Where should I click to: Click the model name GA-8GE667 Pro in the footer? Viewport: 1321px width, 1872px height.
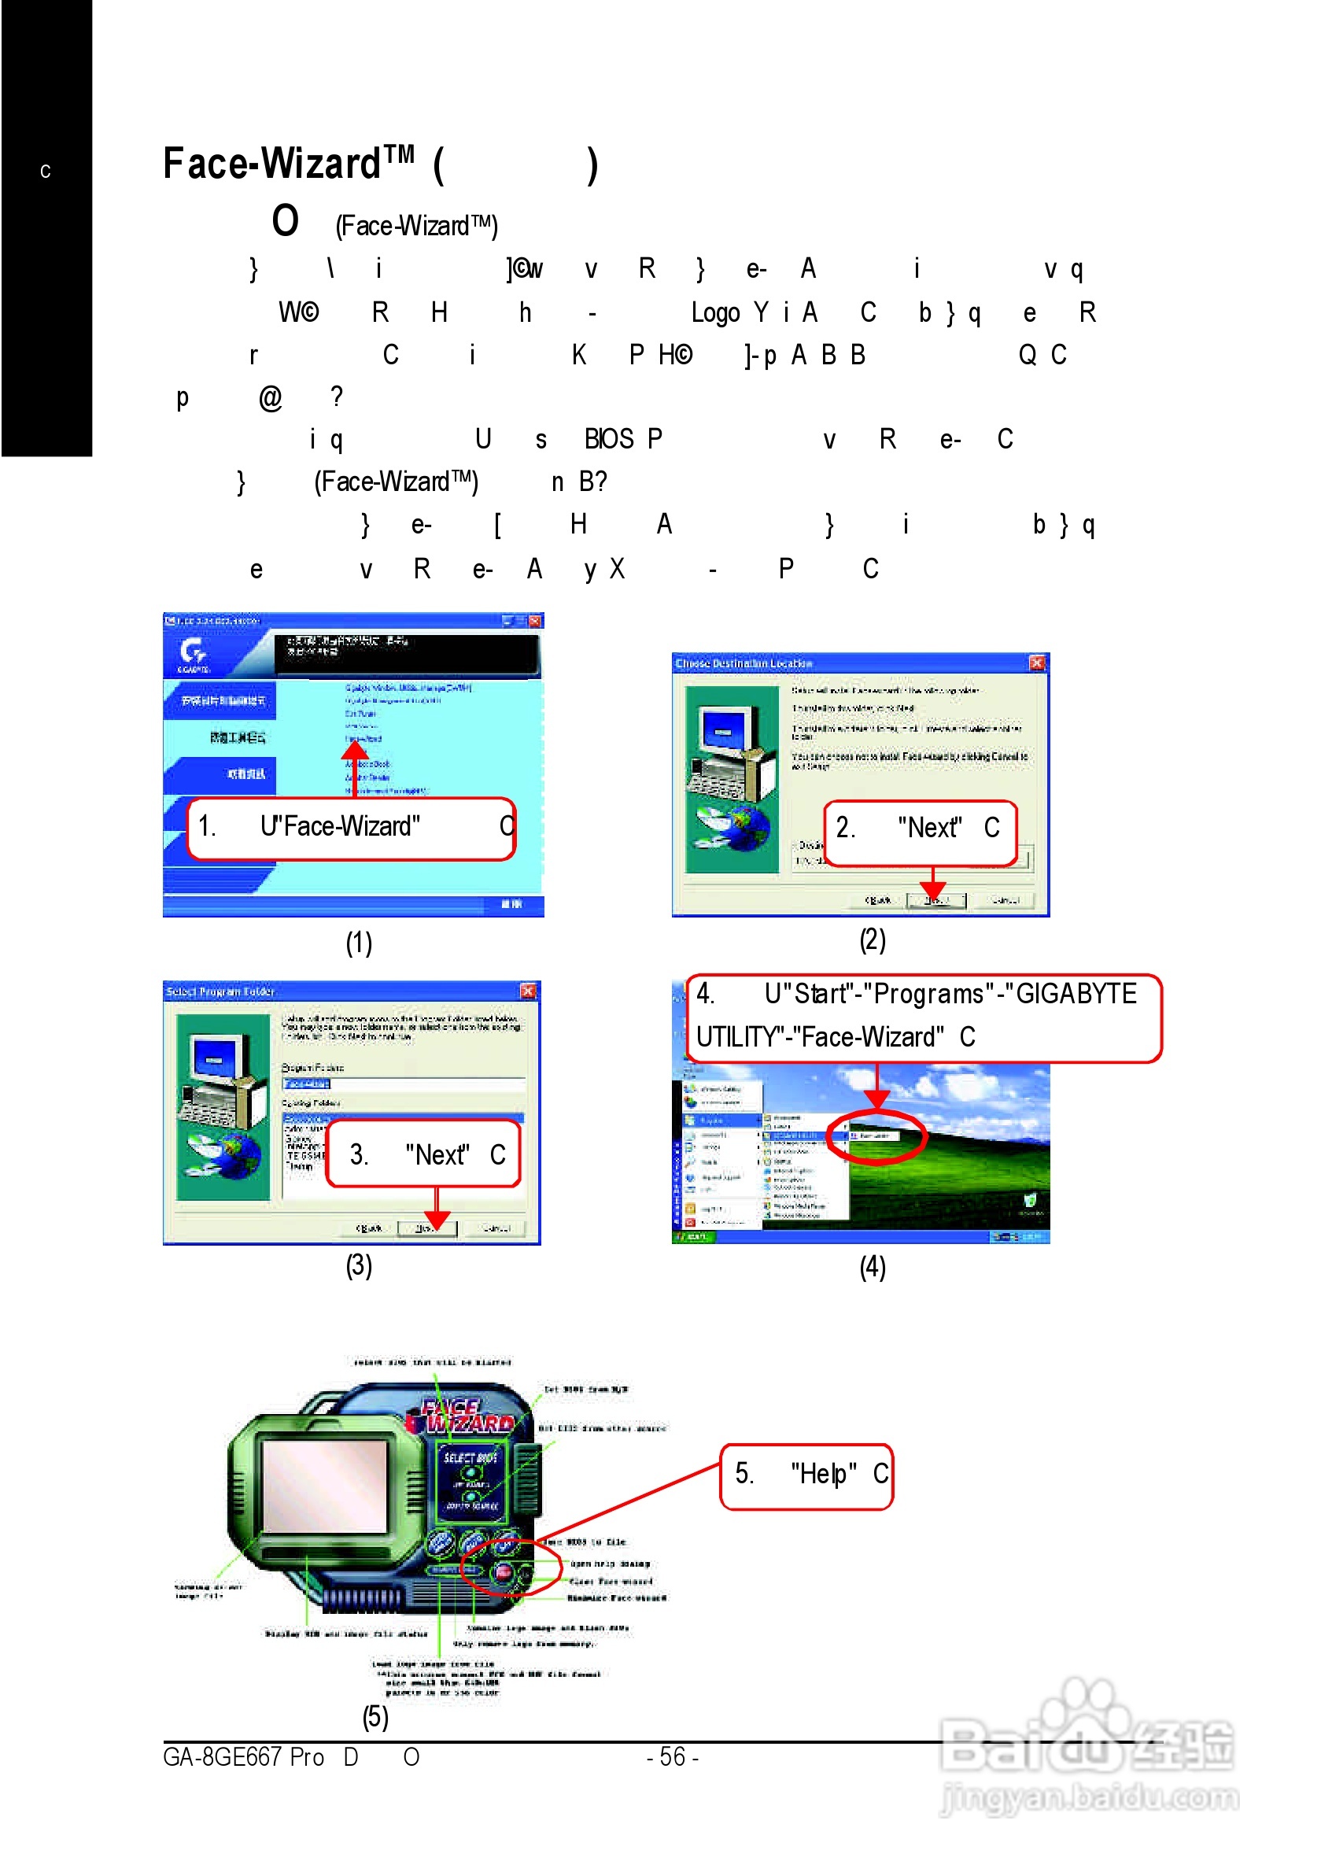coord(243,1757)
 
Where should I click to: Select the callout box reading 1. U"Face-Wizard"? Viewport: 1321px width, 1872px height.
coord(351,828)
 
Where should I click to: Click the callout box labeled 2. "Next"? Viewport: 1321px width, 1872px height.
coord(919,831)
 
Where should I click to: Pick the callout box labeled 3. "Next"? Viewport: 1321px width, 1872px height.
coord(422,1154)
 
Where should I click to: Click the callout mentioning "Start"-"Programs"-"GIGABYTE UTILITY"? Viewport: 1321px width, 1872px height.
coord(922,1017)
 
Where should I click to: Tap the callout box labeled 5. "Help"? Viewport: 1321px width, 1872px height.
coord(806,1475)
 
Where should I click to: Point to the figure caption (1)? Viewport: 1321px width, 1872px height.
coord(358,943)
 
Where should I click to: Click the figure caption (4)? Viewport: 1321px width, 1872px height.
coord(872,1266)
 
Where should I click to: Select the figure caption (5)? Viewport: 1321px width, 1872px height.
coord(375,1716)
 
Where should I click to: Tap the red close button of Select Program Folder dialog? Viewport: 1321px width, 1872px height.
coord(528,991)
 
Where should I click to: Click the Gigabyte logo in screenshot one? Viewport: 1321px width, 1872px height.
coord(194,653)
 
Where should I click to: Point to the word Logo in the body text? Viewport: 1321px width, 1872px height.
coord(715,312)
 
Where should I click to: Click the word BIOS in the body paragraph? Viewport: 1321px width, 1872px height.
coord(608,438)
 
